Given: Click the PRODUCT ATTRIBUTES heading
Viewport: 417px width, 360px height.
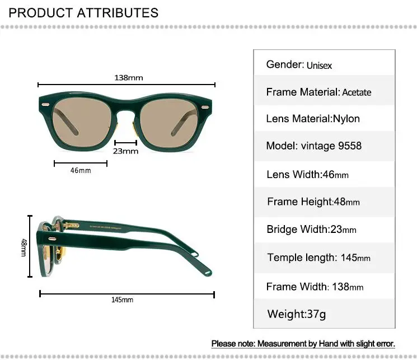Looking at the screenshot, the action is click(83, 12).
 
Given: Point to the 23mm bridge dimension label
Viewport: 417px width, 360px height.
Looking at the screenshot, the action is click(125, 151).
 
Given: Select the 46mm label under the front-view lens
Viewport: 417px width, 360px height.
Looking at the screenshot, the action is click(81, 170).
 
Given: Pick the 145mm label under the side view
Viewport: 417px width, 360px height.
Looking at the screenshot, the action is click(122, 300).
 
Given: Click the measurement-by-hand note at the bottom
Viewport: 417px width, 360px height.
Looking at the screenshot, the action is click(303, 343).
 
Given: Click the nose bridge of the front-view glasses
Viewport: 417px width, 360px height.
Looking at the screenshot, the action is click(126, 106).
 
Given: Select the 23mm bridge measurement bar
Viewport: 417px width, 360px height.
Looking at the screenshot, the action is click(125, 142).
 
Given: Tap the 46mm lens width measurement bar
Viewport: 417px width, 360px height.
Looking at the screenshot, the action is click(81, 163).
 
